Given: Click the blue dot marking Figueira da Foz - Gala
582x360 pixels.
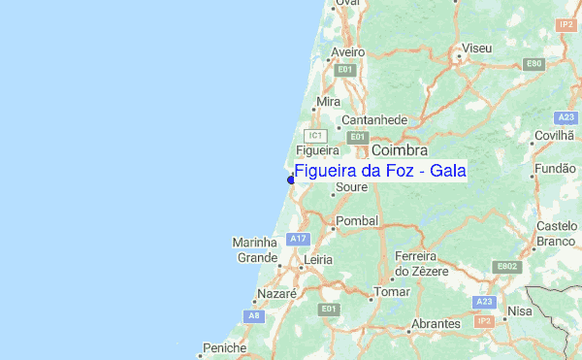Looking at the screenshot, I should pos(291,180).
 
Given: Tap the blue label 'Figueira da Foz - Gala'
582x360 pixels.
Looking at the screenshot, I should pos(379,172).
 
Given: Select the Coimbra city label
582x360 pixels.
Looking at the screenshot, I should pos(399,150).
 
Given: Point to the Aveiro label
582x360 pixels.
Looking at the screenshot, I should pos(347,51).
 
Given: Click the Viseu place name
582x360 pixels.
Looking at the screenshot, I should pos(477,48).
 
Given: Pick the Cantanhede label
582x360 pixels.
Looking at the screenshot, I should pos(373,120).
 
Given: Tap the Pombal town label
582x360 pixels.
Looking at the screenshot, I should pos(355,221).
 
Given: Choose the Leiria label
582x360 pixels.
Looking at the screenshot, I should pos(317,260).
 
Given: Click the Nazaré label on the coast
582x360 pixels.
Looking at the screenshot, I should pos(275,293).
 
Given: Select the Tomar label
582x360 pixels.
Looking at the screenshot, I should pos(392,292).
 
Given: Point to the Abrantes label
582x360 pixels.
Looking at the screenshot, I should pos(436,323).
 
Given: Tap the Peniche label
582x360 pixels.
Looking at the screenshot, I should pos(224,347).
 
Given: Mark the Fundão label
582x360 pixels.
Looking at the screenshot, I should pos(555,168).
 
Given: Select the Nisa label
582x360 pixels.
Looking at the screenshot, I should pos(520,311).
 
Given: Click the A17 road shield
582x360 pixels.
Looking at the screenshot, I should pos(298,239).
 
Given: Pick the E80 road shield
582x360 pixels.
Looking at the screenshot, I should pos(533,64).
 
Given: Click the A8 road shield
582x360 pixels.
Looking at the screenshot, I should pos(254,316).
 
